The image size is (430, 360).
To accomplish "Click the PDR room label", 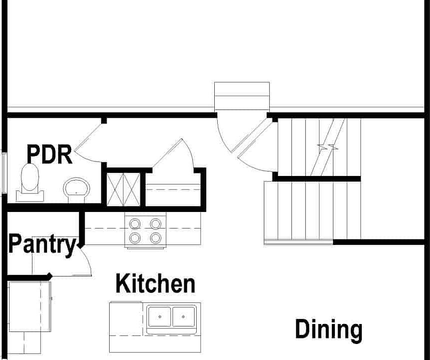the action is coord(50,154).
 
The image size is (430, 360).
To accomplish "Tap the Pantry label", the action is coord(42,244).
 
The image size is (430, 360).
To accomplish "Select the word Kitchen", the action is coord(155,283).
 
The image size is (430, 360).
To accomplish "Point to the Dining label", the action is coord(328,330).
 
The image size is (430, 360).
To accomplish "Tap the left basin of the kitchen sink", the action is coord(159,316).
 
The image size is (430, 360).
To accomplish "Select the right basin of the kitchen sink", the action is coord(183,316).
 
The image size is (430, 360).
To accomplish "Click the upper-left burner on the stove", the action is coord(135,223).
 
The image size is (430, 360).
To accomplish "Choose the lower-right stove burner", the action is coord(156,238).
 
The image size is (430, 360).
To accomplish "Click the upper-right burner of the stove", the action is coord(156,223).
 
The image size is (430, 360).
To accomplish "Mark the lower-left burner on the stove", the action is coord(135,238).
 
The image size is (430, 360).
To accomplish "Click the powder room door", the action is coord(89,137).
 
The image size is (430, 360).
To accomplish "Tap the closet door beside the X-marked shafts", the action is coord(167,152).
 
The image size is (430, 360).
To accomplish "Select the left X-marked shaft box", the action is coord(115,189).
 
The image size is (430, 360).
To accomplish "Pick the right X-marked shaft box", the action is coord(132,189).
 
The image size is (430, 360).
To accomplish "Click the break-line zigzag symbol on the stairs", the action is coord(328,147).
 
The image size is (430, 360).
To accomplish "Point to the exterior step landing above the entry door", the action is coord(242,96).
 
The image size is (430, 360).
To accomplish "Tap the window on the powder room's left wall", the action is coord(4,173).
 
